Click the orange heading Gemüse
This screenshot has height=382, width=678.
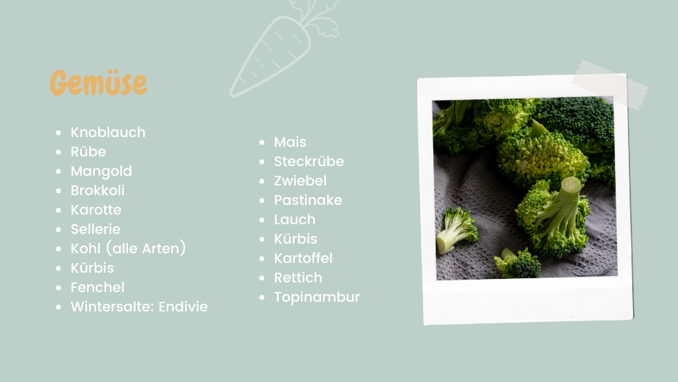point(98,82)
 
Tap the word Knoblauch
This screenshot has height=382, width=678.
point(108,132)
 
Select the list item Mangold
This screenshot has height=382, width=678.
point(101,172)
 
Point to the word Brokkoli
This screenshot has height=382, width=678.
point(98,190)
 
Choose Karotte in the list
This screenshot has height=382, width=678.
point(96,210)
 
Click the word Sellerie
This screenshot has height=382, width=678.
point(95,229)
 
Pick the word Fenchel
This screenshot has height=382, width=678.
point(98,287)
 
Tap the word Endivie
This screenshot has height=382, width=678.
point(183,307)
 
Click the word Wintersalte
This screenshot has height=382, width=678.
point(112,307)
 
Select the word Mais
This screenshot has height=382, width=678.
point(290,143)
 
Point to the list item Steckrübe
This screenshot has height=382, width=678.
point(309,161)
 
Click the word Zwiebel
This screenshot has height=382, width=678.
point(300,181)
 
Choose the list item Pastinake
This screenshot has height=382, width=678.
point(308,200)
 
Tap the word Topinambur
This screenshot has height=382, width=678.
point(317,297)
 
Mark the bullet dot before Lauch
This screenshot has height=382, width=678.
point(262,220)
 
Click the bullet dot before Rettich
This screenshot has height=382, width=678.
point(262,278)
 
